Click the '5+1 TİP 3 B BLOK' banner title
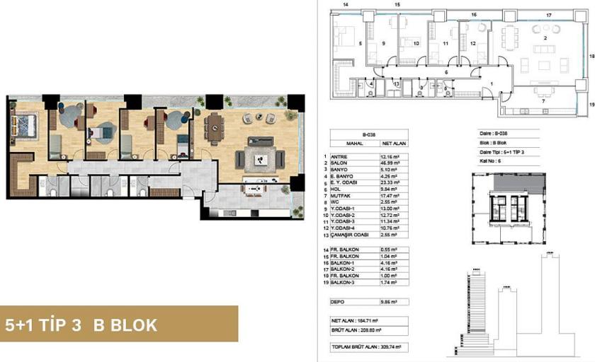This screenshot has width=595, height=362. (81, 326)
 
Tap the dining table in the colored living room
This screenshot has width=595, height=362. (214, 127)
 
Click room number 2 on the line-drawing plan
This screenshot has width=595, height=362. (545, 37)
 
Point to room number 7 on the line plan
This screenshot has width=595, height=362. (543, 102)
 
